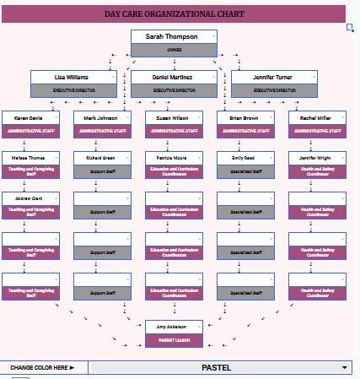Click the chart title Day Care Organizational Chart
click(x=174, y=14)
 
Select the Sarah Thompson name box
click(x=174, y=37)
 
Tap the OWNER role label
click(x=174, y=50)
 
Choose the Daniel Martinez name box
click(x=174, y=77)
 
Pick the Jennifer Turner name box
click(x=274, y=77)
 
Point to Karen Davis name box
click(x=30, y=117)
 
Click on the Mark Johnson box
click(x=102, y=117)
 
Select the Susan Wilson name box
click(x=174, y=117)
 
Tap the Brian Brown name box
click(x=245, y=117)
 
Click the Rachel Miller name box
click(x=317, y=117)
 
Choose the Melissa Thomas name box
click(x=30, y=158)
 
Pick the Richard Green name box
click(x=102, y=158)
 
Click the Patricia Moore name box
click(x=174, y=158)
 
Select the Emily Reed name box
click(x=245, y=158)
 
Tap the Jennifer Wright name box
click(x=317, y=158)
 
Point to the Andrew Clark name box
click(x=30, y=198)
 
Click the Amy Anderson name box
click(x=174, y=326)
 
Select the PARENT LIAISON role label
click(x=174, y=339)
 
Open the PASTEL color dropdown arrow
click(x=344, y=368)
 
